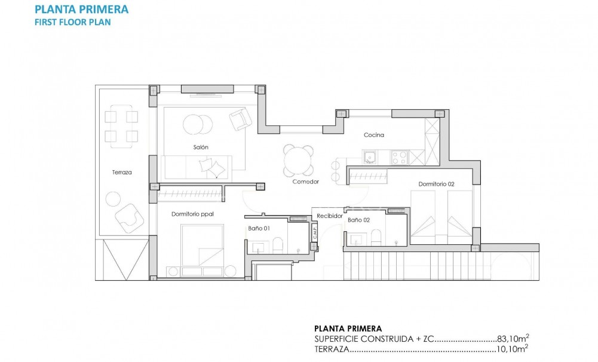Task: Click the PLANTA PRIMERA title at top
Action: (81, 10)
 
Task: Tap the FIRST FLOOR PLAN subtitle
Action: (72, 22)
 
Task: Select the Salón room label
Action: (201, 147)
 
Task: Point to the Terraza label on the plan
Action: (121, 172)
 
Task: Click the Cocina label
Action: (374, 135)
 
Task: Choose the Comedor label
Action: (305, 181)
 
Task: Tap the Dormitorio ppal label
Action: (192, 213)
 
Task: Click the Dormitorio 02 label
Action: (436, 184)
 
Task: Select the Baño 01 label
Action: (259, 228)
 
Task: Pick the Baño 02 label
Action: (358, 220)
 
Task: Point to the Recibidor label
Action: (330, 215)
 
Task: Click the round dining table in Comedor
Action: (298, 159)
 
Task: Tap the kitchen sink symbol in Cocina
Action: (370, 157)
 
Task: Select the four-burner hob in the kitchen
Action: (398, 157)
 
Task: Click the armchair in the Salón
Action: (241, 119)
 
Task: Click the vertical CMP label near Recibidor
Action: (315, 232)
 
